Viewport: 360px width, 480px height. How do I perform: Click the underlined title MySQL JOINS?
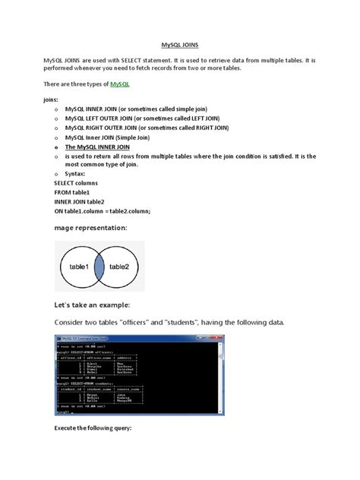pyautogui.click(x=180, y=45)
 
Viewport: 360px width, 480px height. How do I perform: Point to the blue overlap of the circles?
pyautogui.click(x=102, y=267)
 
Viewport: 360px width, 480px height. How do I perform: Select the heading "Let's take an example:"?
pyautogui.click(x=99, y=305)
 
